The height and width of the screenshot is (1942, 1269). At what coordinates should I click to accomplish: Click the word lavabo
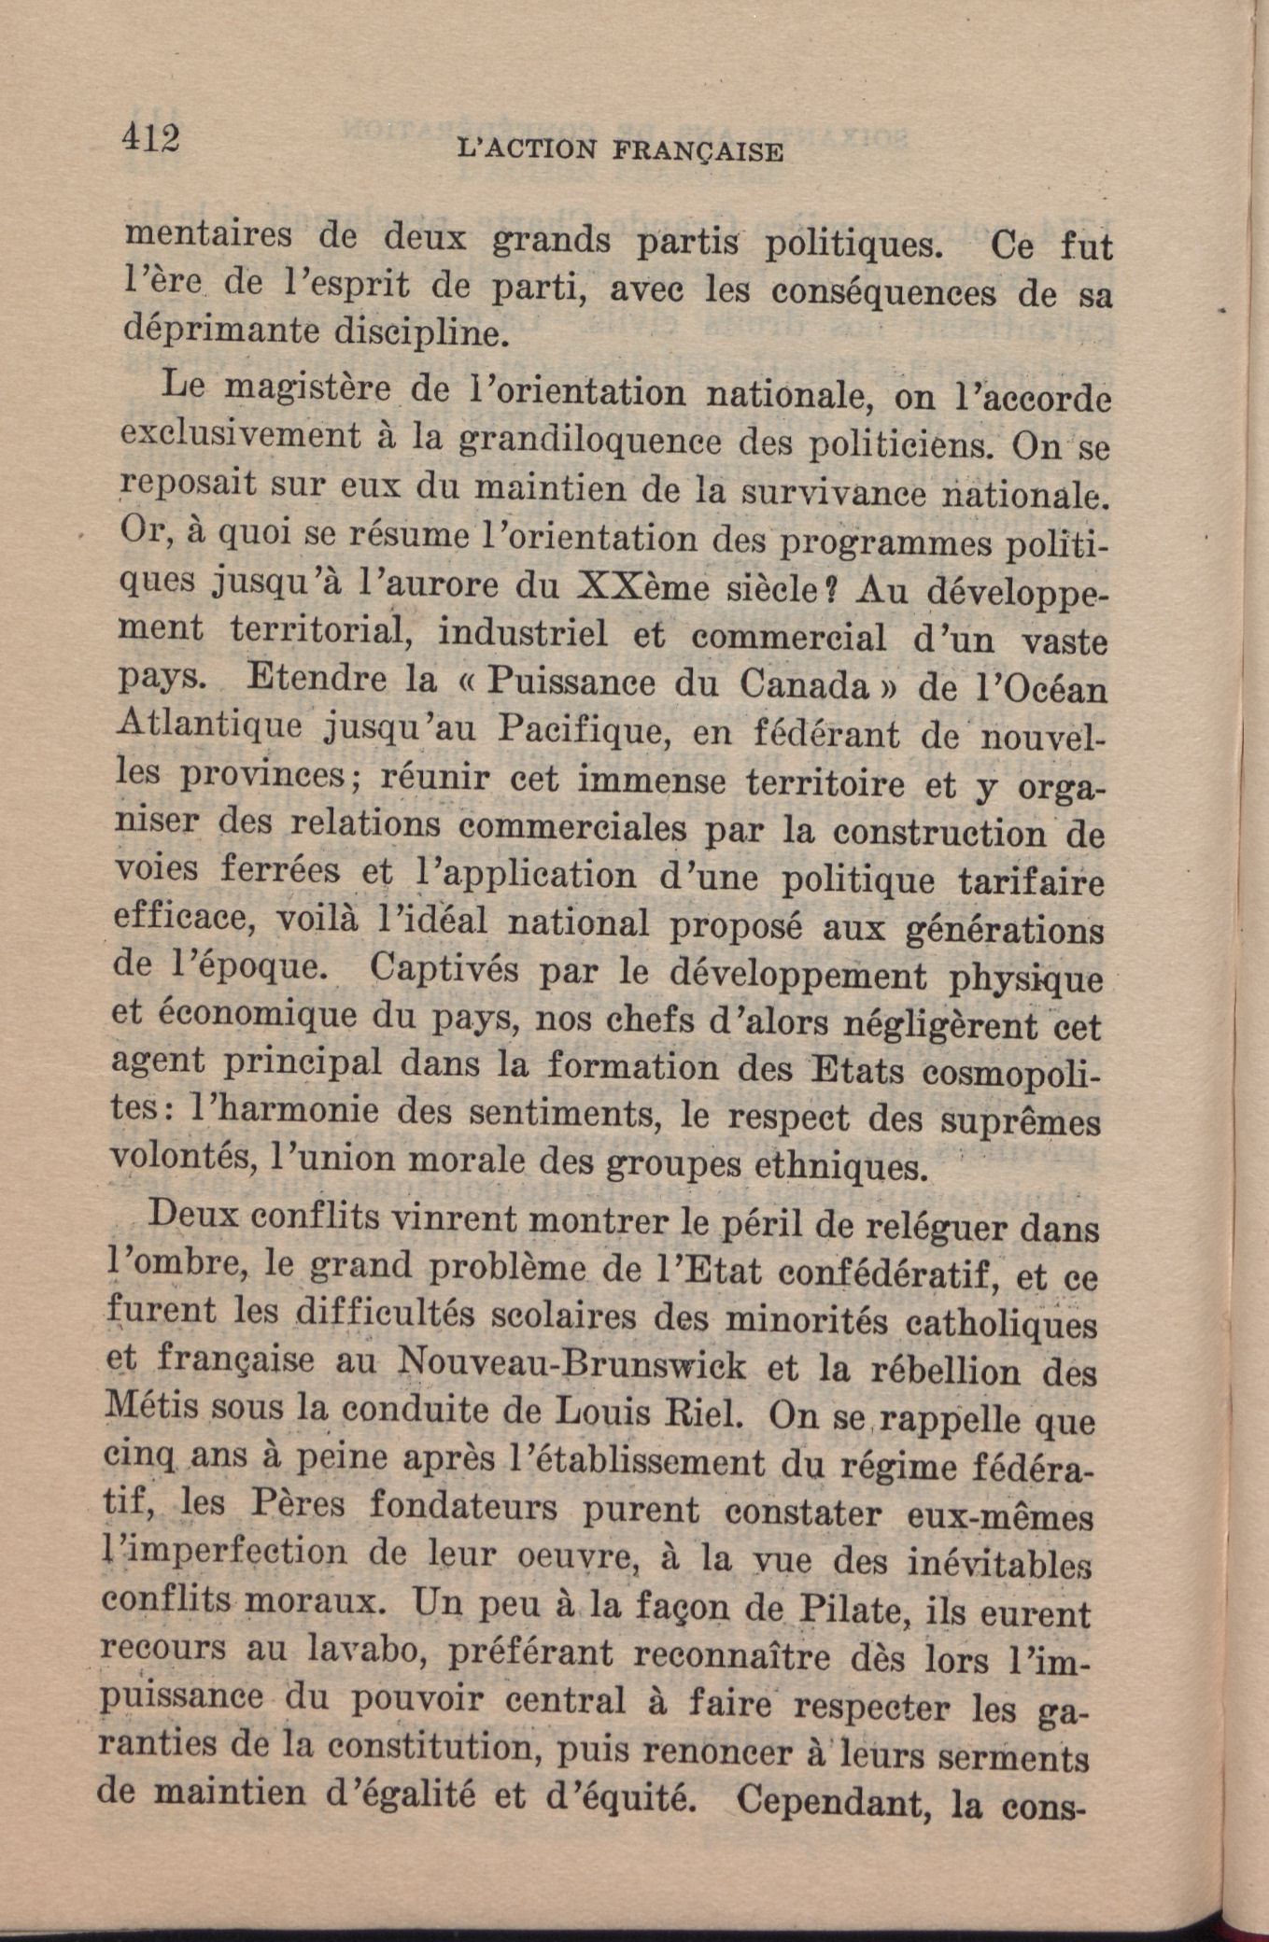click(367, 1651)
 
